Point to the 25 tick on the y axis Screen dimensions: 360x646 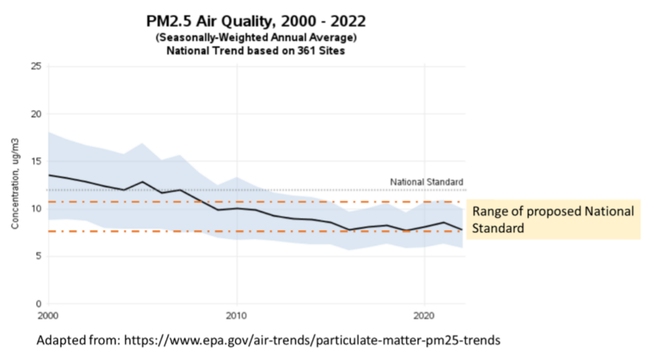pos(36,66)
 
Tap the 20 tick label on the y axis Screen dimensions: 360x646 pos(36,114)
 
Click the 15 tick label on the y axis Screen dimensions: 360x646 pos(36,161)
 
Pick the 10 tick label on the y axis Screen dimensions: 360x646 pos(36,209)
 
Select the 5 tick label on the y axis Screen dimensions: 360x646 pos(37,257)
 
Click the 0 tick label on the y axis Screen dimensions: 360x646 pos(37,303)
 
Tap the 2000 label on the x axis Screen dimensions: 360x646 pos(48,315)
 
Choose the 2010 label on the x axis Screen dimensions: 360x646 pos(237,315)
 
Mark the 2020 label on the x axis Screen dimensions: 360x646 pos(426,315)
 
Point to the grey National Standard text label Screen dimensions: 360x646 pos(426,182)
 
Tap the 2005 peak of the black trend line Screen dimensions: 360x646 pos(143,182)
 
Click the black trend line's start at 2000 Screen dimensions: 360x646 pos(49,175)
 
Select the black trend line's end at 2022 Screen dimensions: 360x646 pos(462,230)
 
